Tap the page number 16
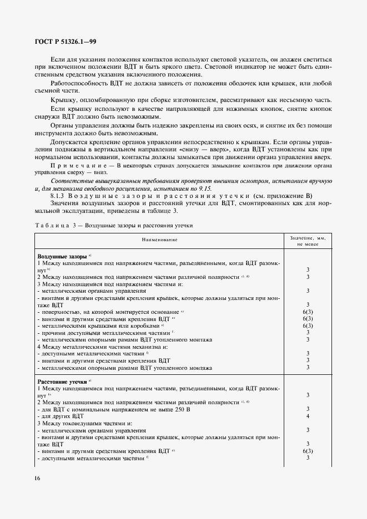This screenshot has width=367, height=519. (x=37, y=478)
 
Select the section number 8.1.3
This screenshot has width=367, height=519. (x=59, y=196)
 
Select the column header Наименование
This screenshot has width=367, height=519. (x=159, y=240)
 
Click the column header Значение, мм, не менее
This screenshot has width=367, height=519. (x=307, y=240)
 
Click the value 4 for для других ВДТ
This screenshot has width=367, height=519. (x=307, y=416)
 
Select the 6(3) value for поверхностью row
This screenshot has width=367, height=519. (x=308, y=312)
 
